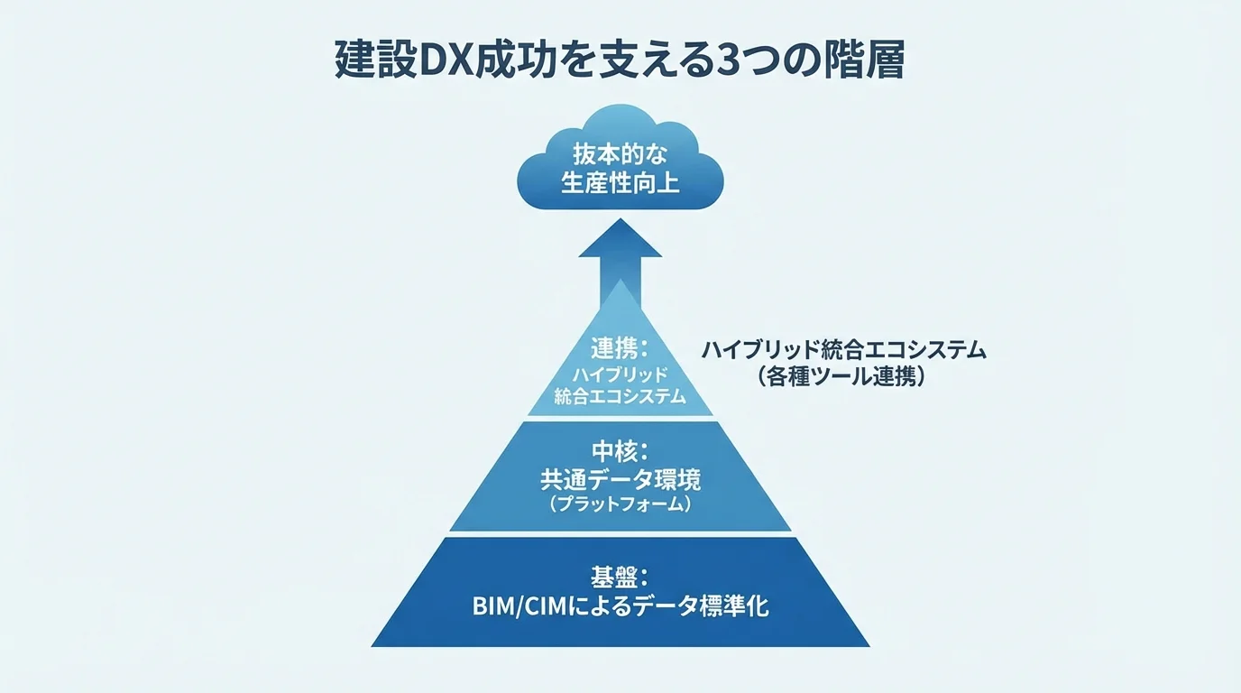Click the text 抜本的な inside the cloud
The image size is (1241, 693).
tap(620, 152)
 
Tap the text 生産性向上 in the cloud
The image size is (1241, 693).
tap(620, 183)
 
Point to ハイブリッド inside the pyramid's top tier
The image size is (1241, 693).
tap(620, 374)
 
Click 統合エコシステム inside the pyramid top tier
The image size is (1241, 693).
tap(620, 396)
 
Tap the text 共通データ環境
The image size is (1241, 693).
tap(620, 479)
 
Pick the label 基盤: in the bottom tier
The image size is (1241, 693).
tap(620, 575)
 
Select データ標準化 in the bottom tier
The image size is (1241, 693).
tap(704, 605)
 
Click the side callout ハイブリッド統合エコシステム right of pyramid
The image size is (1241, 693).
tap(843, 350)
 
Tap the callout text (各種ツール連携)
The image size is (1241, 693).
tap(843, 377)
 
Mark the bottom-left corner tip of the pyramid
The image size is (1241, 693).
tap(373, 645)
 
